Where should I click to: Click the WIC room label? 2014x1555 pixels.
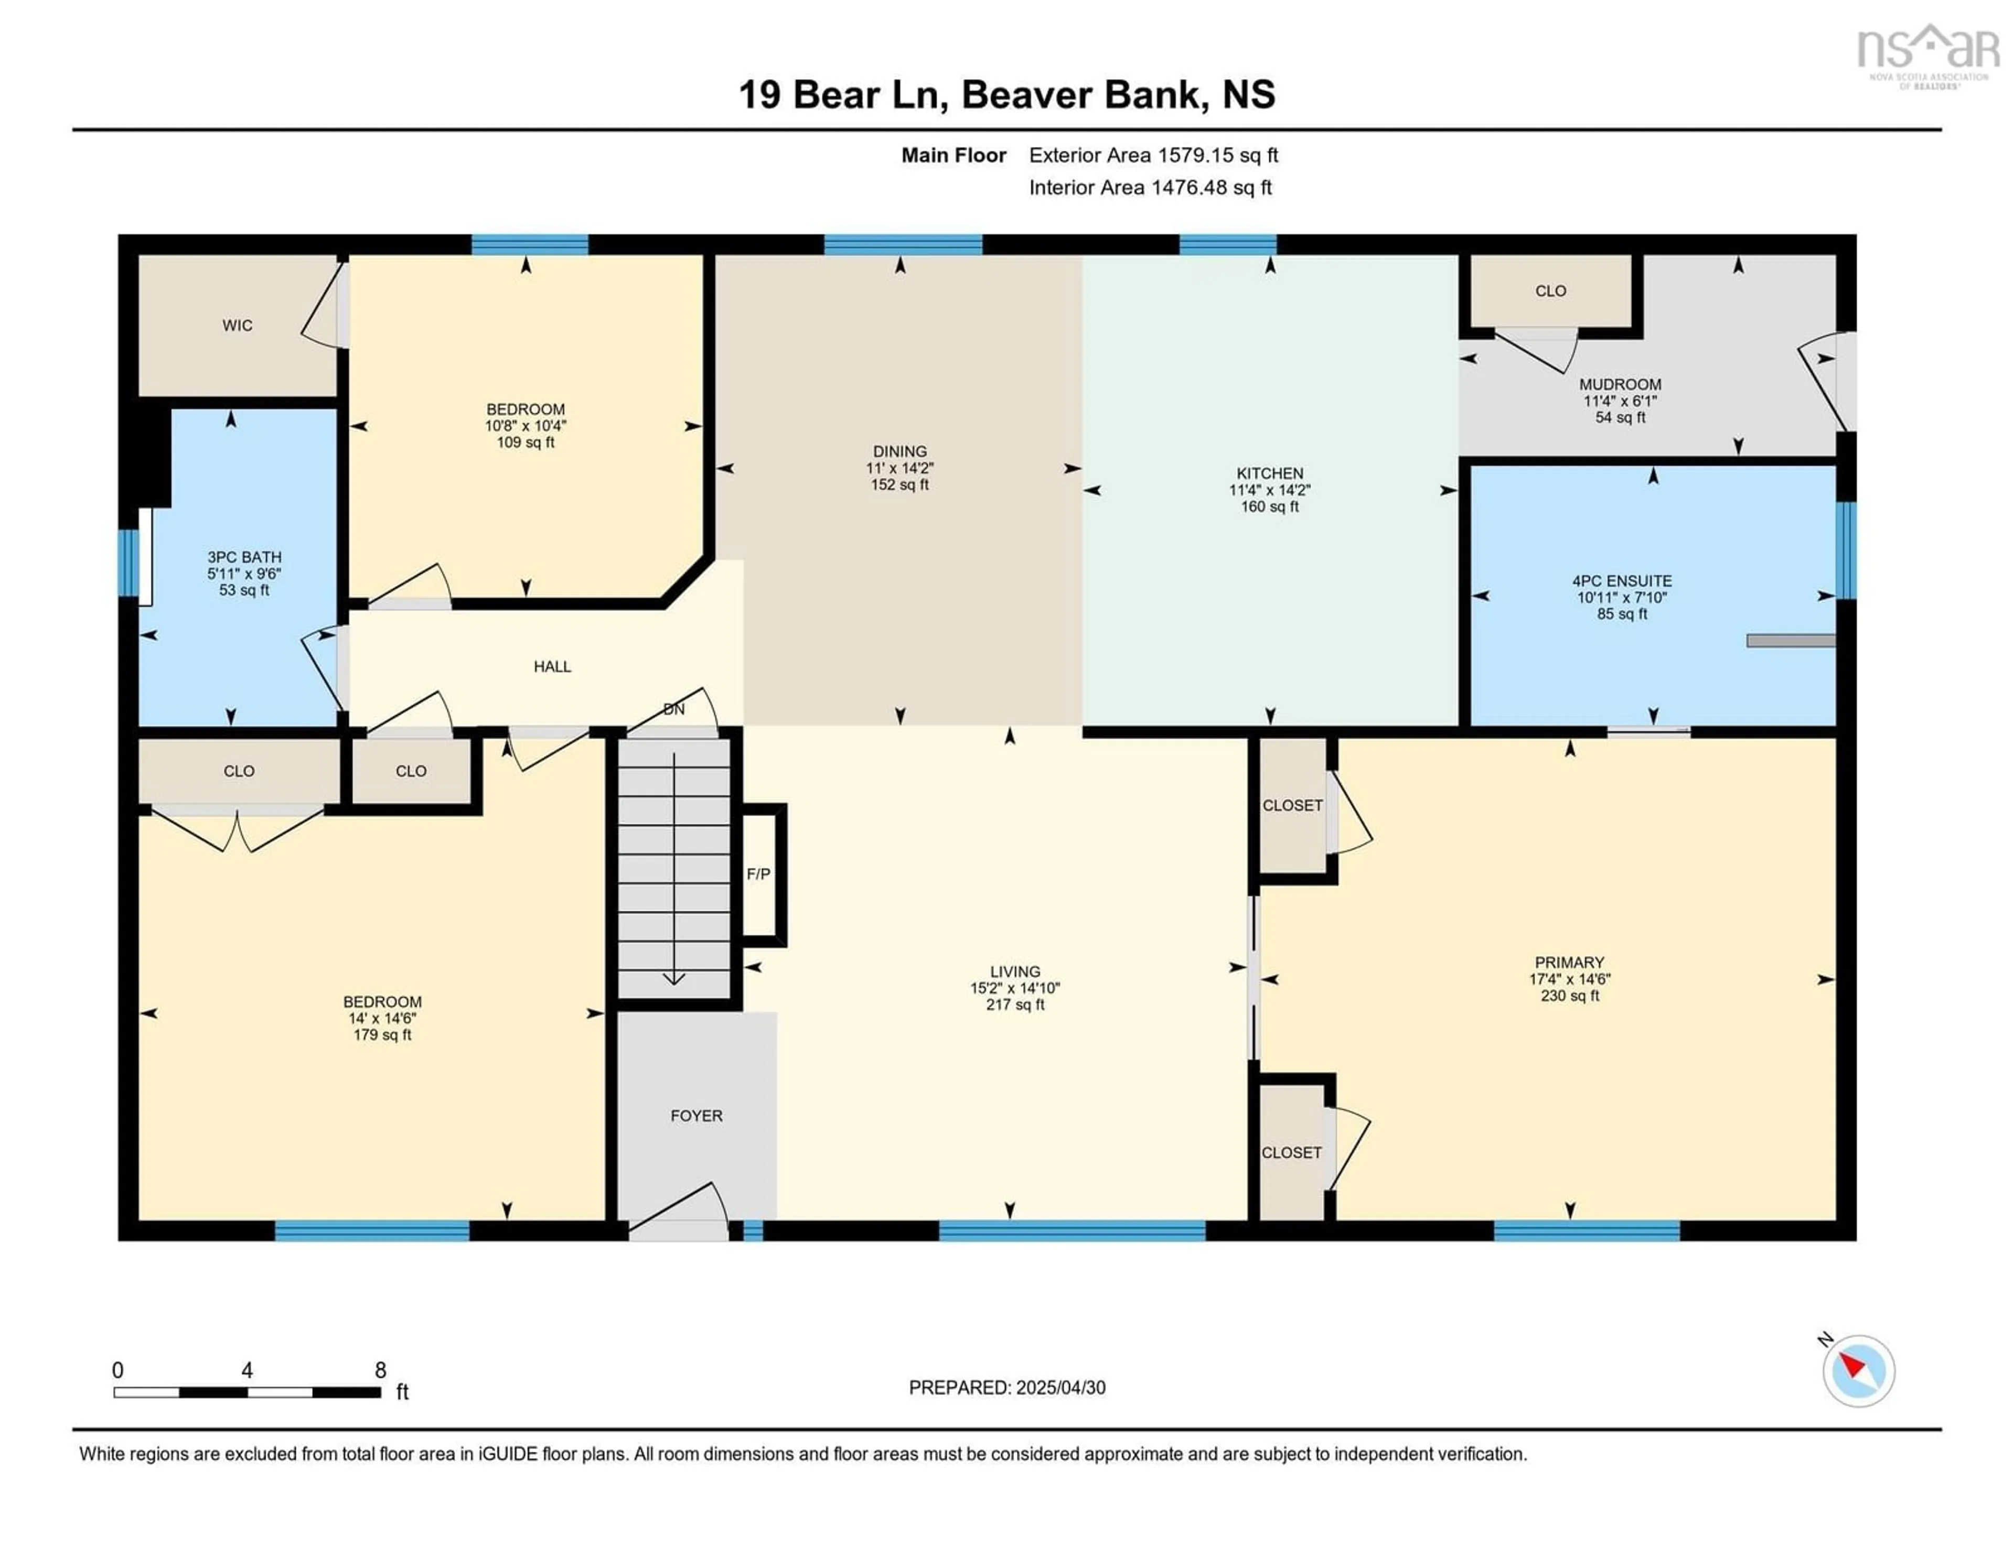(237, 326)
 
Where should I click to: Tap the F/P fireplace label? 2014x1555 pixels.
(758, 874)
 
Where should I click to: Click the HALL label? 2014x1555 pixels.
(552, 666)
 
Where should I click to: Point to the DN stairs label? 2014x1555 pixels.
(674, 710)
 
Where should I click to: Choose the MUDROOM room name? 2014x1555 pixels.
(1620, 384)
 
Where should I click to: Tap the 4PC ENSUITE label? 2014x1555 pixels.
(1622, 581)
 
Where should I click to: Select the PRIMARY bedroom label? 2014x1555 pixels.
(1570, 963)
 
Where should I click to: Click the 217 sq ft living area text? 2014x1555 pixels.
(1015, 1005)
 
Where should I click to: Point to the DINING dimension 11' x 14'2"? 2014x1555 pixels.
(900, 468)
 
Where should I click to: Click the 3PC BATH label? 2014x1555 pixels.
(244, 557)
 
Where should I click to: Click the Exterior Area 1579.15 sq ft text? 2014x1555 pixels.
(1154, 156)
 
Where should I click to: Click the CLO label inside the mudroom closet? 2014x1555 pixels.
(1551, 291)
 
